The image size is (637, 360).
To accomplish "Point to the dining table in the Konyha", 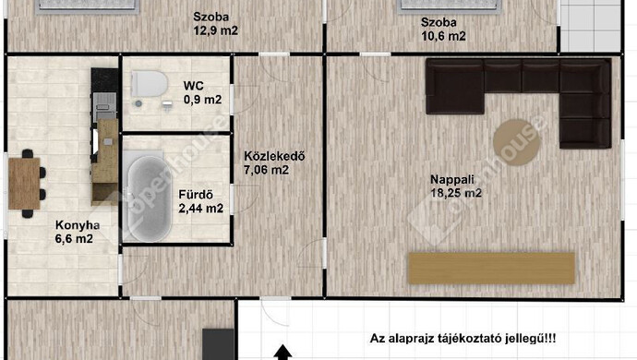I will (25, 179).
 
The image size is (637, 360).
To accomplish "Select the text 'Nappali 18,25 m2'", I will (456, 186).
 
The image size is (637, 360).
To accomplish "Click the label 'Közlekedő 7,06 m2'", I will (266, 162).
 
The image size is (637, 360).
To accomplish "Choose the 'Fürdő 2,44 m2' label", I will (199, 201).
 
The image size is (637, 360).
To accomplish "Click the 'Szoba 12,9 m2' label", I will (215, 23).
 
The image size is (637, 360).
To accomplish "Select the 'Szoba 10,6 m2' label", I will (442, 30).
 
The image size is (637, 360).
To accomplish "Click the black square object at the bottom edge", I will (219, 343).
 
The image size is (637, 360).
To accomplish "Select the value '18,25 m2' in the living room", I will (456, 194).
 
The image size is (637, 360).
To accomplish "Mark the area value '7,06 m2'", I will (266, 170).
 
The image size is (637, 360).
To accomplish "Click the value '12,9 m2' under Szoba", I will (215, 30).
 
